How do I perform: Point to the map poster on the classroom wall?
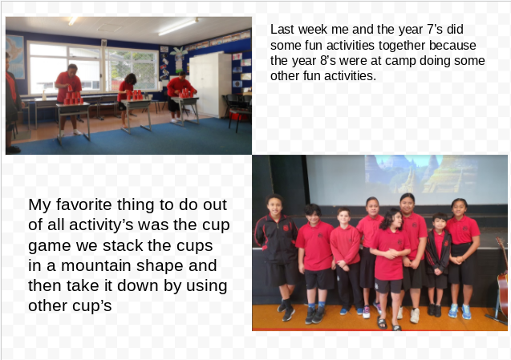pos(14,56)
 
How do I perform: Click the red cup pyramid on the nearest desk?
pos(73,95)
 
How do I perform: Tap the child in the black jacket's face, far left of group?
pos(274,205)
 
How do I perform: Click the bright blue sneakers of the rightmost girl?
pos(460,311)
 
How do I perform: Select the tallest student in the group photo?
pos(412,257)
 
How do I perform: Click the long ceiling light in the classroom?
pos(178,26)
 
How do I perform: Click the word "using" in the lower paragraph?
pos(207,286)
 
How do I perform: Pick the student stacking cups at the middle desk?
pos(127,98)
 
